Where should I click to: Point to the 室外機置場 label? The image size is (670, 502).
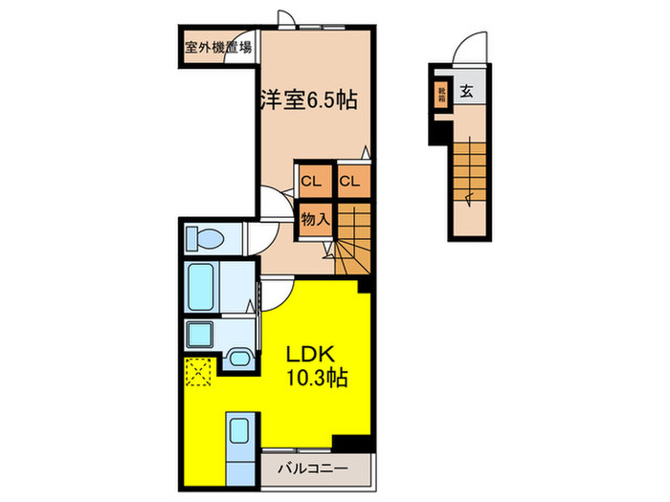click(218, 46)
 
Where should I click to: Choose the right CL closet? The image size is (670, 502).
click(349, 181)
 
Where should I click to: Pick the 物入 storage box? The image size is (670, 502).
click(315, 219)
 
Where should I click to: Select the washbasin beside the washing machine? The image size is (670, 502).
click(238, 358)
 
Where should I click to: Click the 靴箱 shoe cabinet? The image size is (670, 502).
click(442, 96)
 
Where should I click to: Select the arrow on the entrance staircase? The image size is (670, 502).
click(467, 199)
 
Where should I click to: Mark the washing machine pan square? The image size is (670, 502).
click(203, 334)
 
